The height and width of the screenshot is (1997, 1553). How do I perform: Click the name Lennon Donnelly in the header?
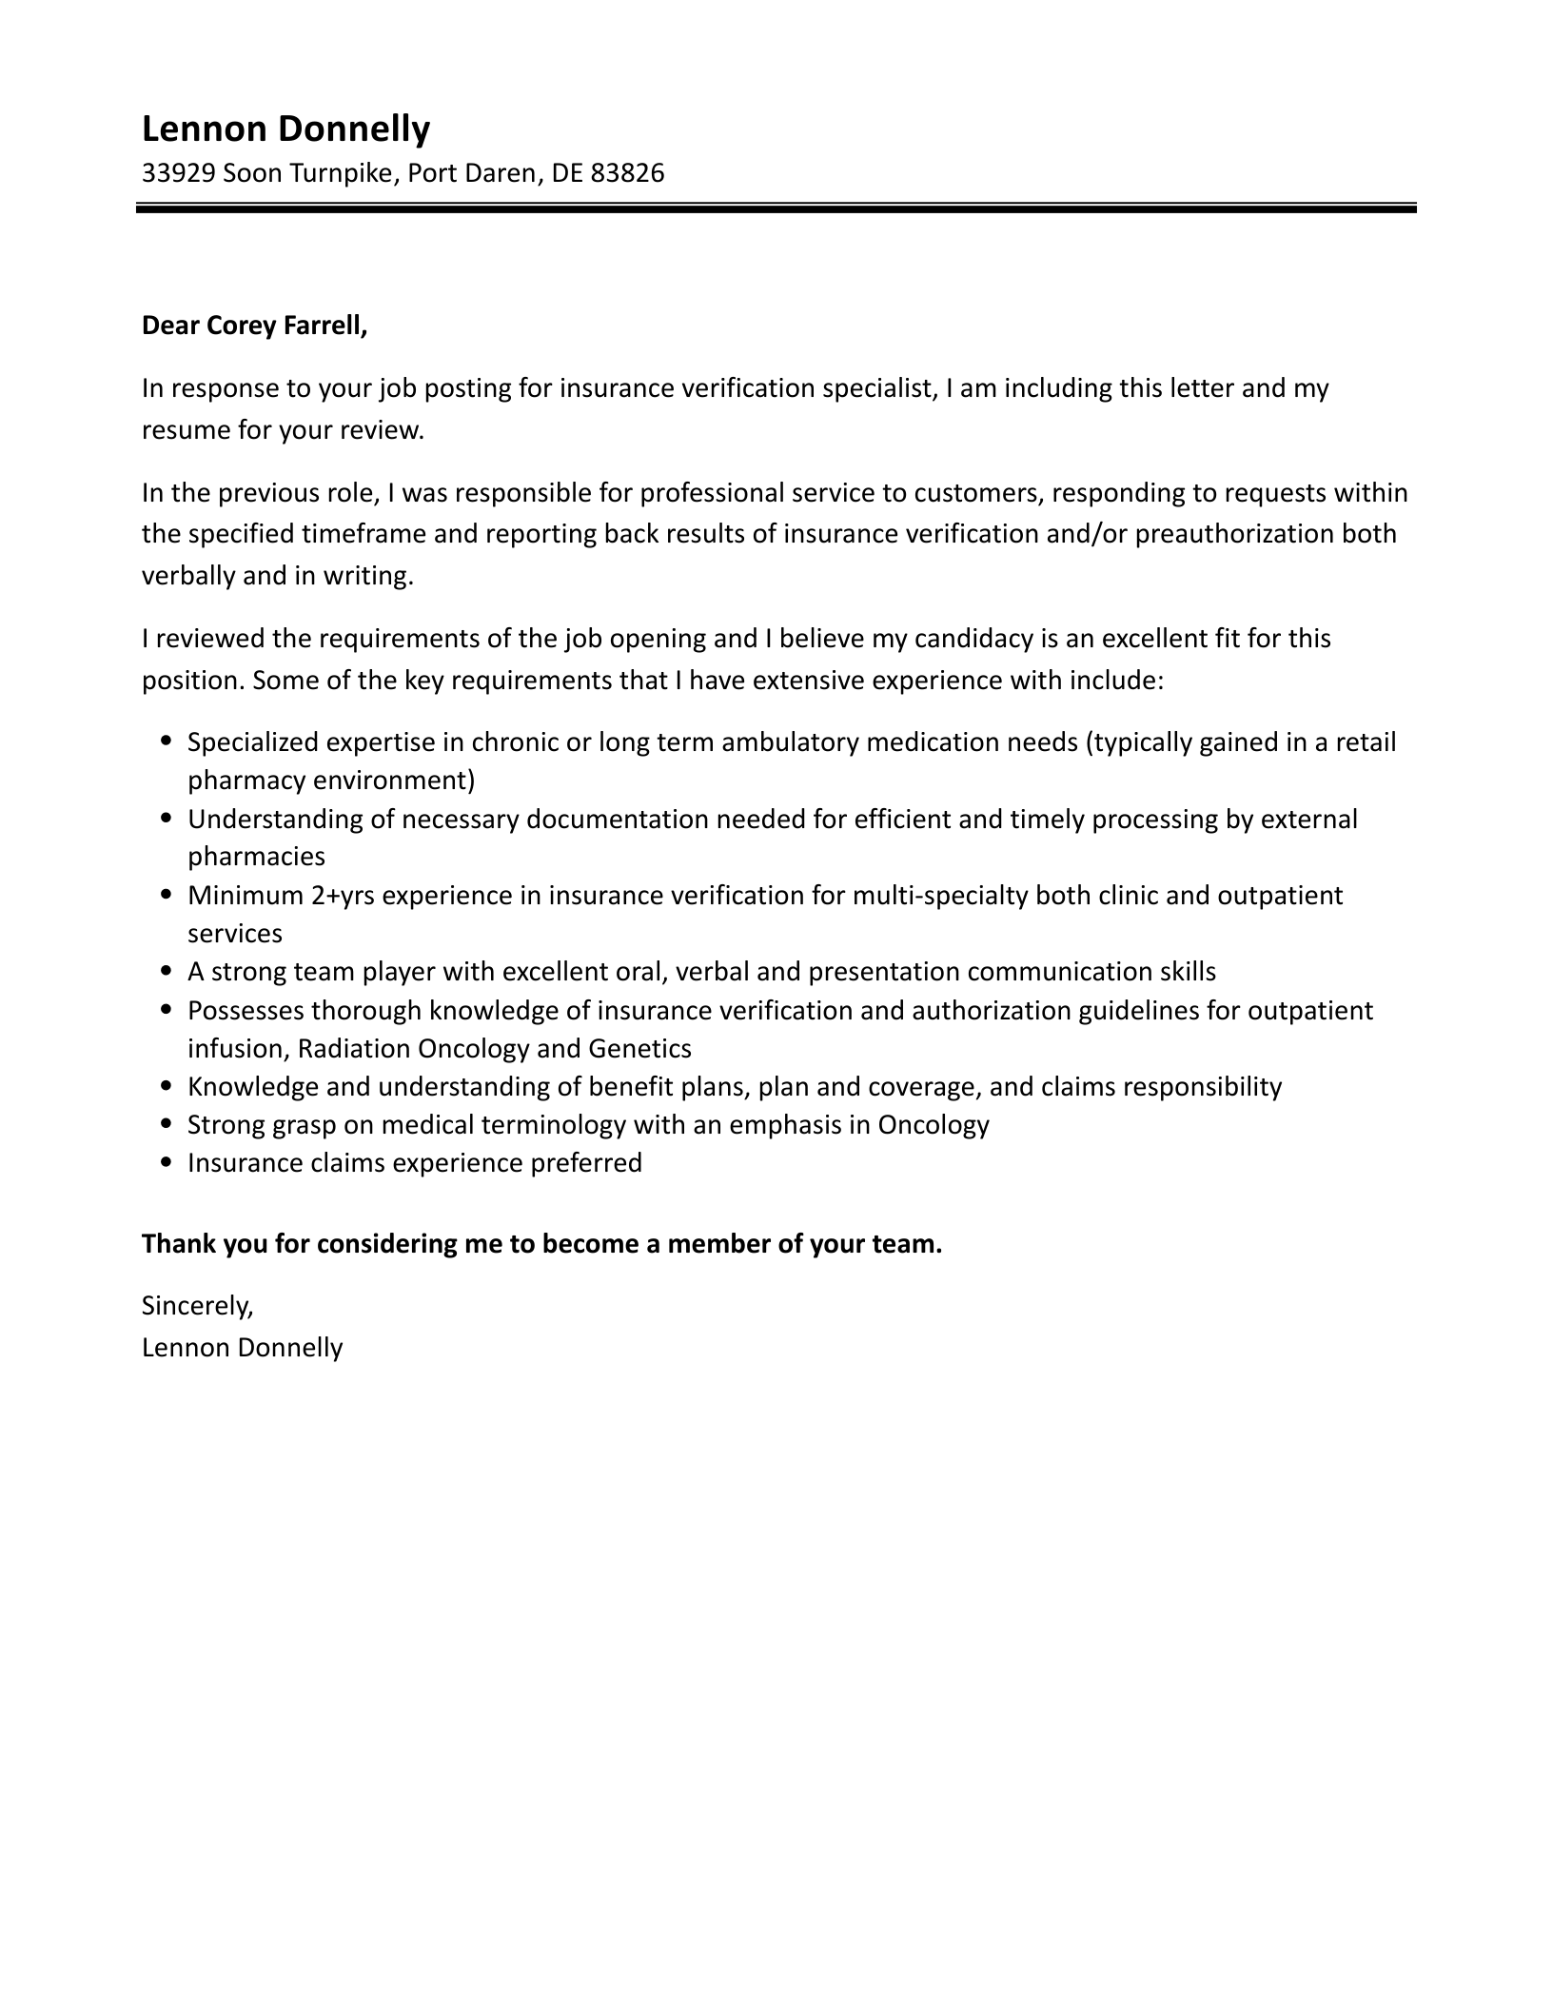click(x=285, y=129)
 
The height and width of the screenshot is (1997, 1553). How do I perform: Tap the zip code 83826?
click(x=627, y=173)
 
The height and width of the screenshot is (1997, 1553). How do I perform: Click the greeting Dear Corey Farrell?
click(x=254, y=326)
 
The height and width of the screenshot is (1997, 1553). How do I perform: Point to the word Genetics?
click(x=639, y=1049)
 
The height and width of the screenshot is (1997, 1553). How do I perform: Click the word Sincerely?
click(x=198, y=1306)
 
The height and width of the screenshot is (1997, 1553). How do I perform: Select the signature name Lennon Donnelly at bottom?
click(x=242, y=1347)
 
